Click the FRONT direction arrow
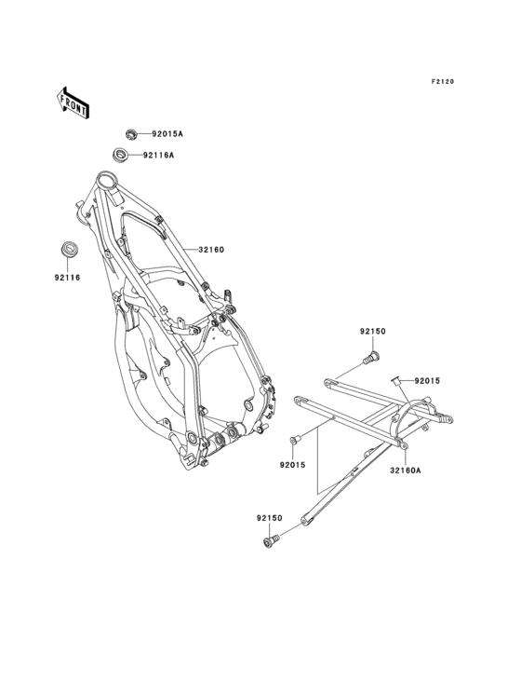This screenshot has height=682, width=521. pos(73,103)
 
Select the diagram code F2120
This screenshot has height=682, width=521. pos(443,81)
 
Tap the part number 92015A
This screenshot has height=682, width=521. pos(167,134)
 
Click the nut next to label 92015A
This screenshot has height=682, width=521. pos(130,134)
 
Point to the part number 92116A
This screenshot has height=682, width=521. pos(158,155)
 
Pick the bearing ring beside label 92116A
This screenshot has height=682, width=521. pos(120,155)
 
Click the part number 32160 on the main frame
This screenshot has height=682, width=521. pos(211,250)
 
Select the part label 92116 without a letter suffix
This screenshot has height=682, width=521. pos(67,277)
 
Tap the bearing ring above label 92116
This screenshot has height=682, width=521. pos(68,249)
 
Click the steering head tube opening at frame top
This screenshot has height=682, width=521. pos(105,178)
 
